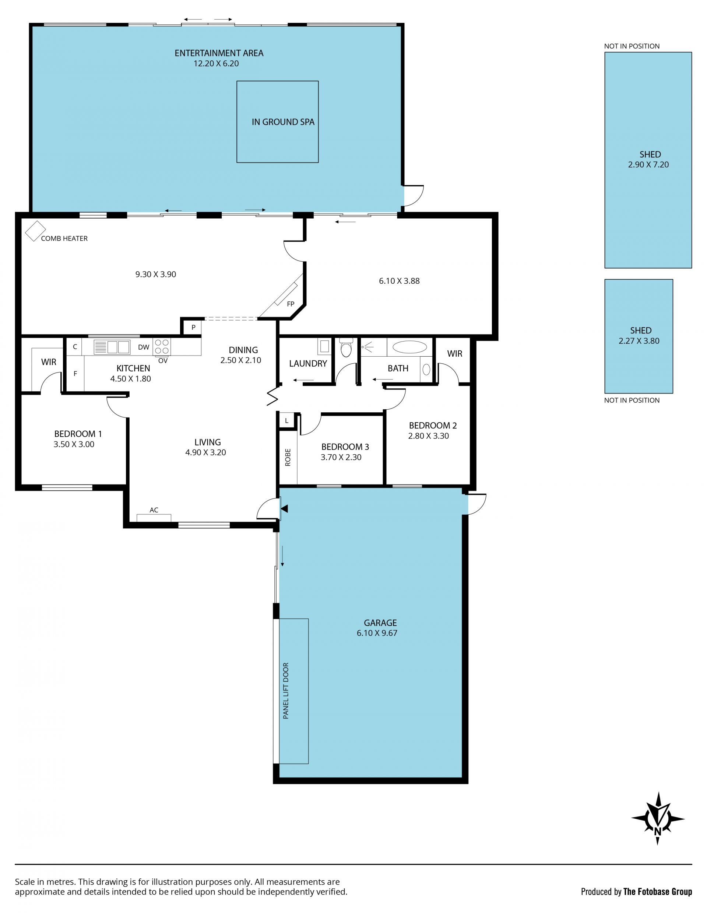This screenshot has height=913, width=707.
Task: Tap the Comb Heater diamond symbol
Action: click(x=35, y=231)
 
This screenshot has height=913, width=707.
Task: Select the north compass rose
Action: click(x=658, y=818)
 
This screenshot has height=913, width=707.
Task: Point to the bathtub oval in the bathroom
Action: click(x=409, y=347)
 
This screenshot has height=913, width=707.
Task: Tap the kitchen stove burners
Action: click(x=162, y=347)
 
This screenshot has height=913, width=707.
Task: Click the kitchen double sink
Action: click(x=112, y=347)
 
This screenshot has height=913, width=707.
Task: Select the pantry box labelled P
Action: click(x=193, y=327)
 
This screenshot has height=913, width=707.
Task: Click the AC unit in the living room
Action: click(x=154, y=518)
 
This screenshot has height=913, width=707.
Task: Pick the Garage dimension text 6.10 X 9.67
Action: click(x=377, y=633)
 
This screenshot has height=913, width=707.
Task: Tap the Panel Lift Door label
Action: click(x=286, y=690)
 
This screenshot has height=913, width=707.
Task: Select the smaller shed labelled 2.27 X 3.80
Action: click(x=639, y=336)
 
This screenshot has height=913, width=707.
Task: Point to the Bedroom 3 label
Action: click(x=345, y=447)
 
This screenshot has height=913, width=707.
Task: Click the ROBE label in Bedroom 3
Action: click(x=288, y=457)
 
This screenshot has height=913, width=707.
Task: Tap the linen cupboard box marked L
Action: click(x=286, y=420)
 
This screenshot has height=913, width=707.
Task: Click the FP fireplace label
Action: click(x=291, y=304)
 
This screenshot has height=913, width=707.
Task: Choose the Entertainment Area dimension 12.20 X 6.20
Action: click(x=216, y=63)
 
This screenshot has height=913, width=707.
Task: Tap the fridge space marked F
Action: click(x=75, y=373)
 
